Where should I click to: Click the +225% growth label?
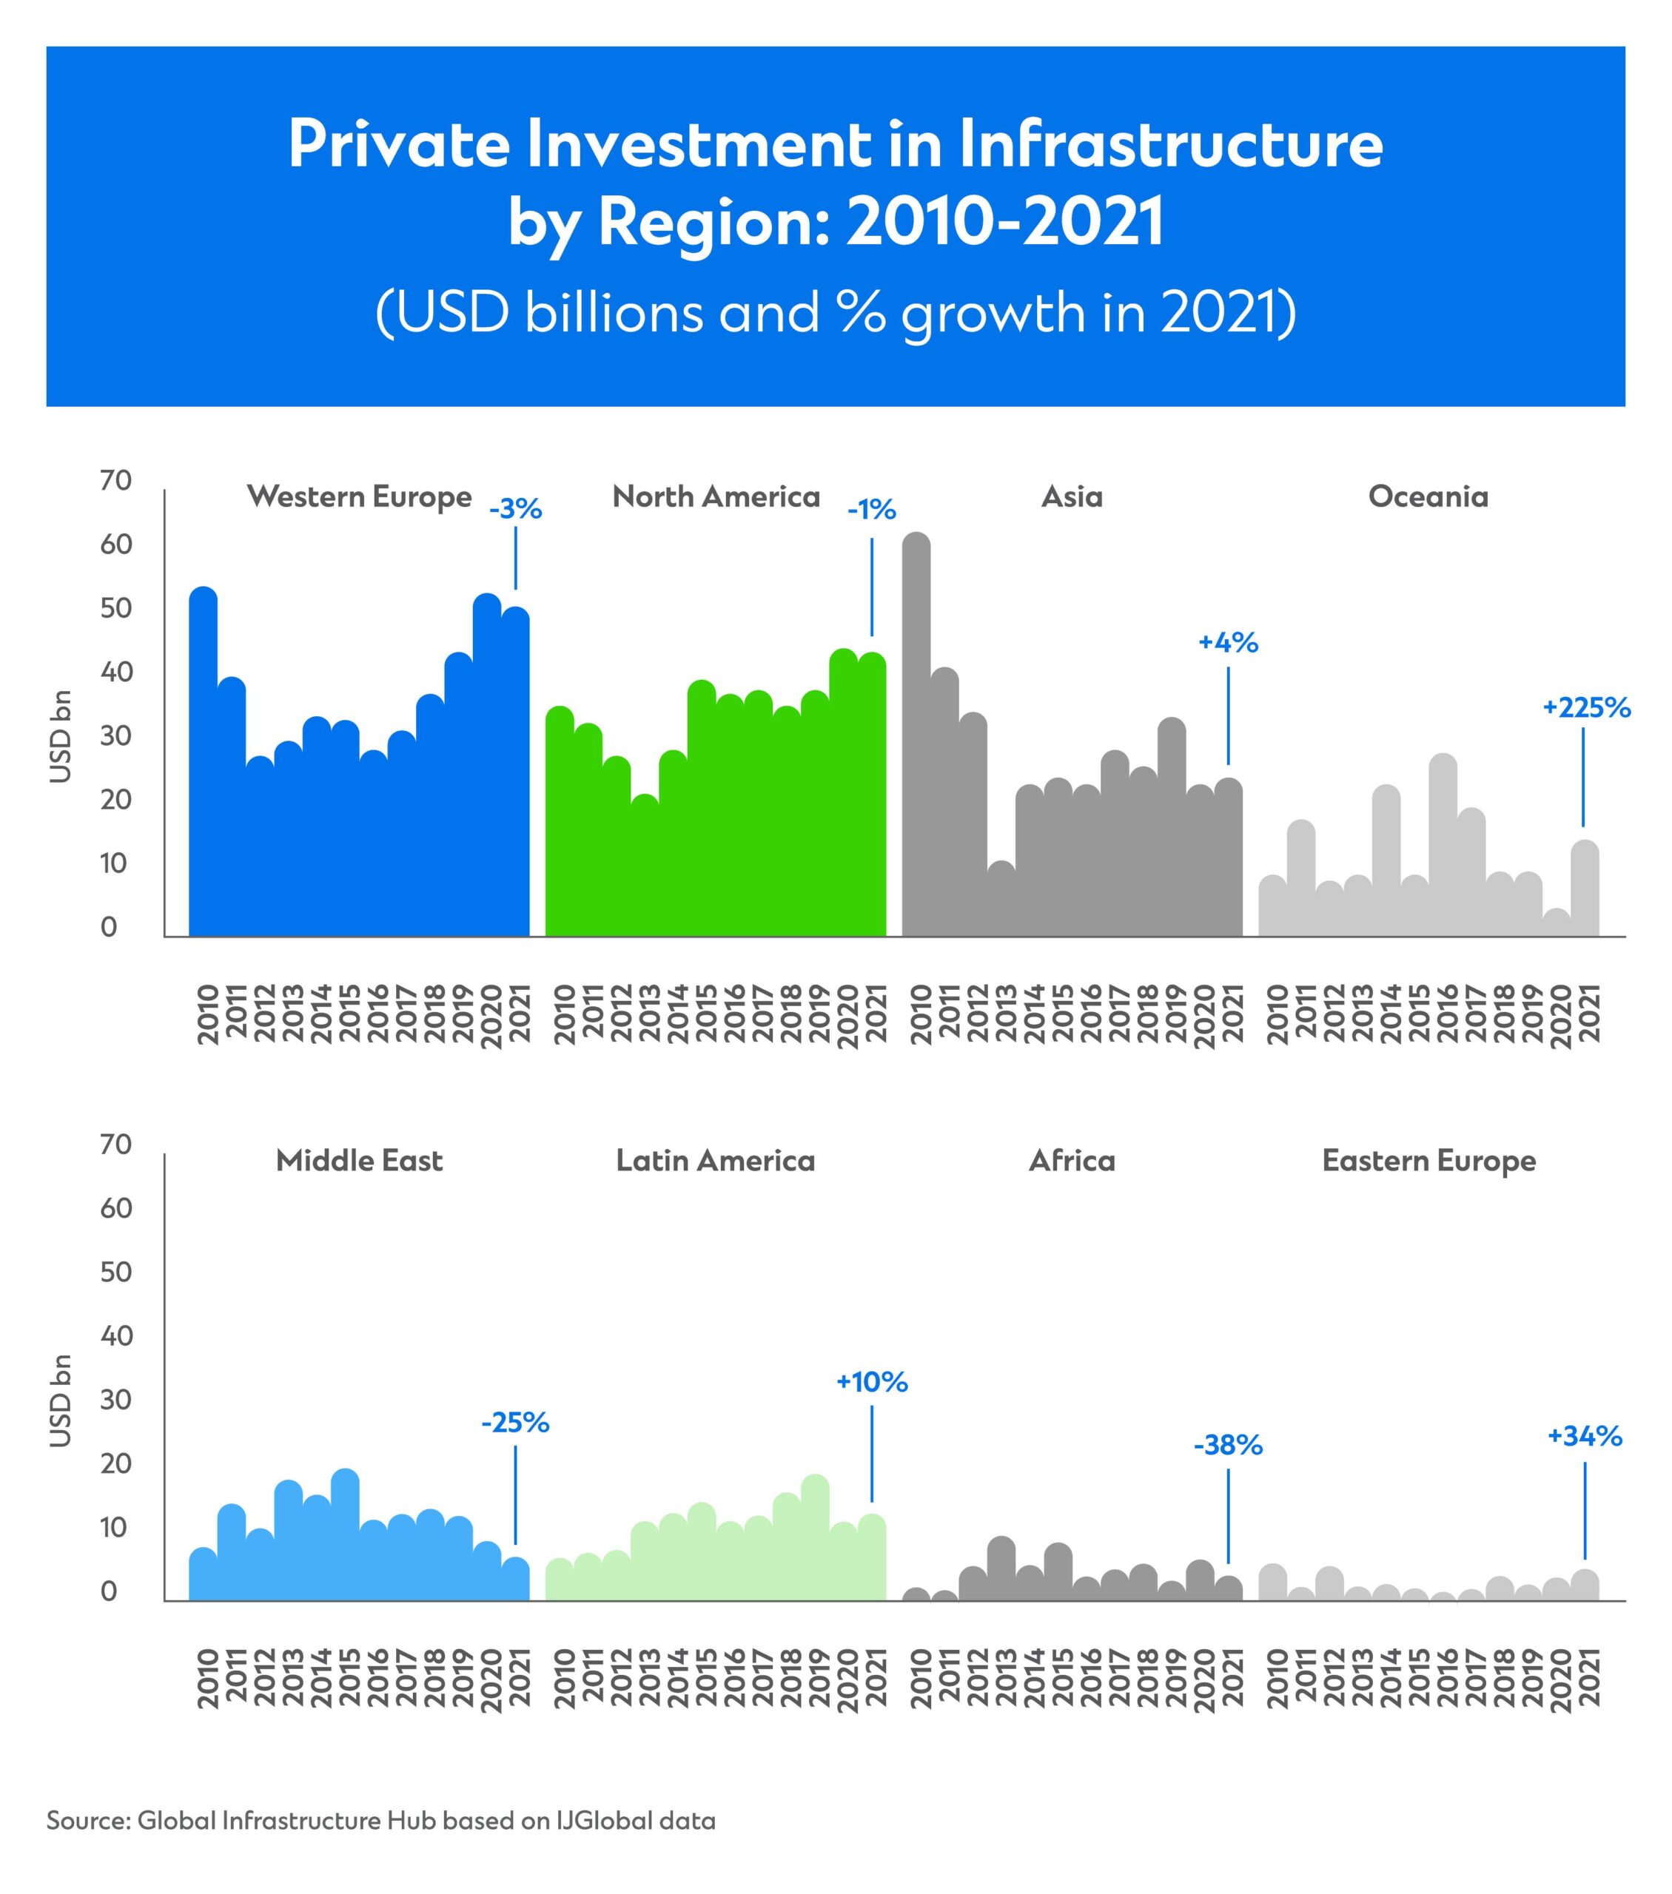click(1586, 708)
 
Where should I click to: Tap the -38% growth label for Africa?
click(1228, 1445)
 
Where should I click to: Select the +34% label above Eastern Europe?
click(1585, 1436)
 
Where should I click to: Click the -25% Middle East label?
click(515, 1423)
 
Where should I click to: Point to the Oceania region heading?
click(1428, 496)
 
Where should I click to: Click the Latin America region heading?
click(716, 1160)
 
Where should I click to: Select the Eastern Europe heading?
click(1428, 1160)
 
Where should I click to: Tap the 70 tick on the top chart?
click(117, 480)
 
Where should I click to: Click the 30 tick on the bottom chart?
click(117, 1399)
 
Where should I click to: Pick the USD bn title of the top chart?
click(60, 737)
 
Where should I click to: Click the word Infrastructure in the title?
click(1171, 146)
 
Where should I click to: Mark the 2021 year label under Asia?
click(1232, 1014)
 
